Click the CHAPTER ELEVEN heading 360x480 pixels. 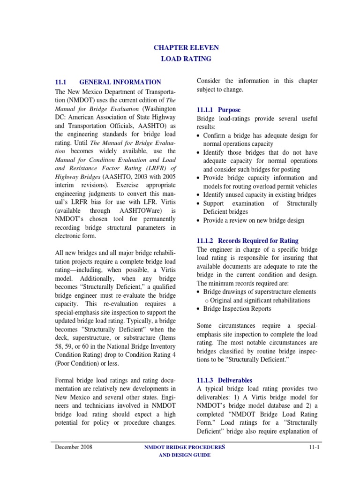(186, 47)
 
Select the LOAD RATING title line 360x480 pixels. (186, 59)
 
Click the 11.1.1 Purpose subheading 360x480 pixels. (218, 110)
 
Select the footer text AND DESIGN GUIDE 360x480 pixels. (186, 455)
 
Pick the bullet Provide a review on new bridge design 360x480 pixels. (254, 220)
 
